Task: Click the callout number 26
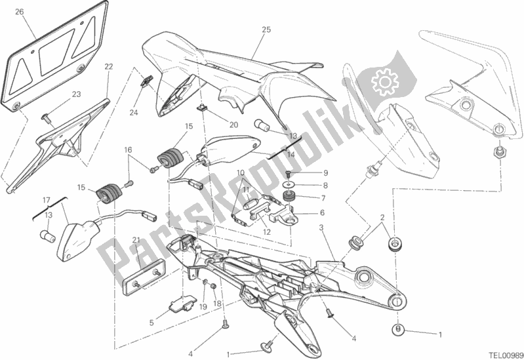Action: point(20,12)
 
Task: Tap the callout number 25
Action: point(266,30)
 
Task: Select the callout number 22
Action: point(109,66)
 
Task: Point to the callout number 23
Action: point(77,94)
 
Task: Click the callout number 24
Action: point(134,113)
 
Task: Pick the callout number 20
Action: point(233,125)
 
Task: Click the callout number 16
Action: point(129,150)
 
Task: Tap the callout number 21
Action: point(136,239)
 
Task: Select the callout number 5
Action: point(151,323)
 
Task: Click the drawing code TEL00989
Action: point(506,355)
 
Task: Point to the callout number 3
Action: point(321,228)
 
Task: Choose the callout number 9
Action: point(325,173)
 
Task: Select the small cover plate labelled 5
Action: point(182,303)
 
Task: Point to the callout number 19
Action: point(204,306)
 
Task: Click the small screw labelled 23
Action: point(46,117)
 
